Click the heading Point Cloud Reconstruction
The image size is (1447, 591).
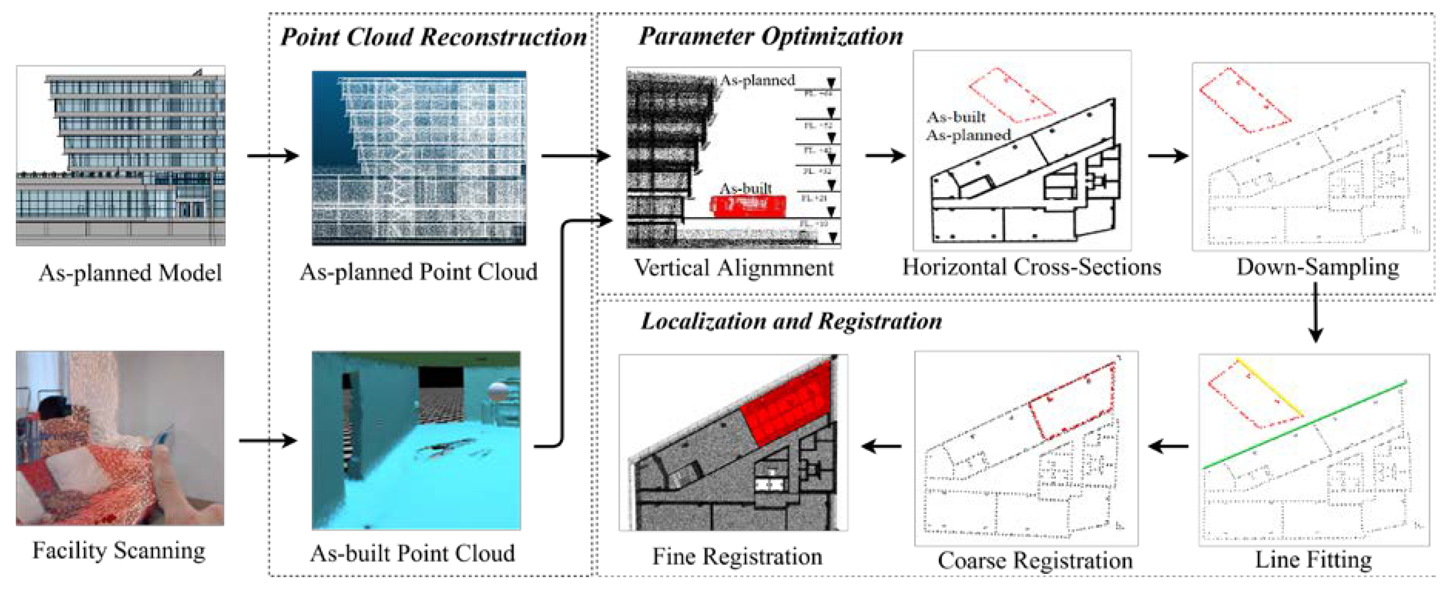433,37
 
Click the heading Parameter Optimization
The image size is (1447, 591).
770,36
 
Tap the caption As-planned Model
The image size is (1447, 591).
130,273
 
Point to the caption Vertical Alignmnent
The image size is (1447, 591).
734,268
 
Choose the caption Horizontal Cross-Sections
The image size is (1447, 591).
1031,267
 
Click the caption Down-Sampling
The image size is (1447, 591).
1317,267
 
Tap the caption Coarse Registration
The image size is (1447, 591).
1035,561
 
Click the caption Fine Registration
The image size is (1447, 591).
737,557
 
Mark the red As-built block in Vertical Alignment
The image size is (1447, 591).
749,206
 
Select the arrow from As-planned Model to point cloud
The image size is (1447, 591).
272,156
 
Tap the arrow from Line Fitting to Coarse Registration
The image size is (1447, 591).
1169,447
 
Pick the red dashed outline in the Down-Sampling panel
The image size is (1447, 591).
1244,101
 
